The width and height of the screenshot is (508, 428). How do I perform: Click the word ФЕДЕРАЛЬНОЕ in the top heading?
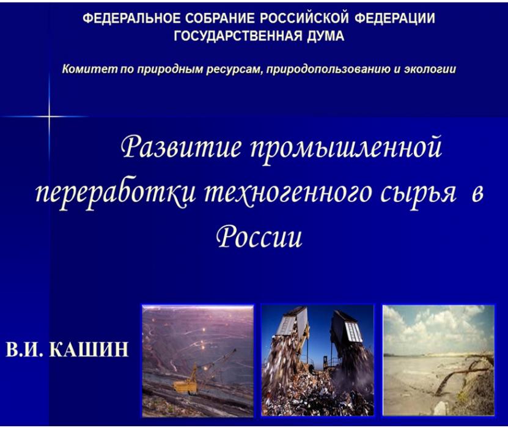[x=131, y=18]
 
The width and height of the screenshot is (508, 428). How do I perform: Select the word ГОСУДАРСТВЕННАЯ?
[x=238, y=36]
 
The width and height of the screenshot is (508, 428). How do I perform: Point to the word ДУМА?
[x=325, y=36]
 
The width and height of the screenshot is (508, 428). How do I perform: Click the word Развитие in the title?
[x=181, y=147]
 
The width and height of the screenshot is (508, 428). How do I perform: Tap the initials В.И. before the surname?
[x=24, y=350]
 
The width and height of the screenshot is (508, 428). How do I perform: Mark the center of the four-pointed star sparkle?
[x=50, y=116]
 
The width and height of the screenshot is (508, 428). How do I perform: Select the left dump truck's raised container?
[x=292, y=321]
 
